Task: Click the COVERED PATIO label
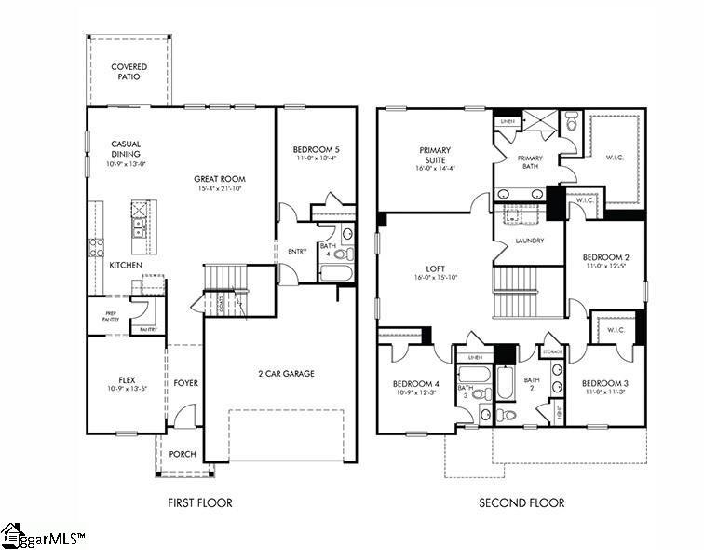[129, 73]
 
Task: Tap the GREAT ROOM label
[219, 179]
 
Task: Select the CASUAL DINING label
[126, 149]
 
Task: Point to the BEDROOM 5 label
[316, 150]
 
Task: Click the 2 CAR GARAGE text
[286, 374]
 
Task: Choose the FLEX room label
[127, 380]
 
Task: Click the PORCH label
[183, 456]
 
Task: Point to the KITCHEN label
[126, 266]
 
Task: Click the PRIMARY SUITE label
[435, 155]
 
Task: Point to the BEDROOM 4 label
[415, 383]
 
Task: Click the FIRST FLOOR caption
[199, 503]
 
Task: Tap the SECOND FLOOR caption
[521, 503]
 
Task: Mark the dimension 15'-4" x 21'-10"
[219, 189]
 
